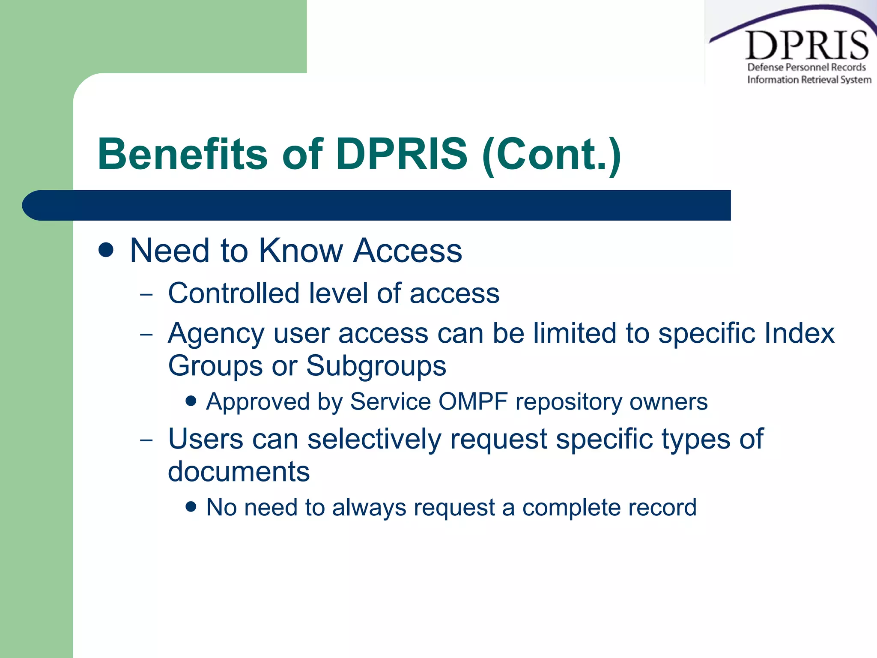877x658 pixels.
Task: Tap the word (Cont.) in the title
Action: (552, 155)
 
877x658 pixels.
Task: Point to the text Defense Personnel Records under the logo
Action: (806, 67)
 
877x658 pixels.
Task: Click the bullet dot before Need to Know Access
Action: (106, 250)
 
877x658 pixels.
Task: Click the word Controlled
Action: (234, 293)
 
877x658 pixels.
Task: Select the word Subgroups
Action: (376, 366)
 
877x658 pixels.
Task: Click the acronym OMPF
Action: (473, 402)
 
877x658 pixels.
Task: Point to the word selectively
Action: (374, 440)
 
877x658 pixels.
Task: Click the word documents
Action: (239, 472)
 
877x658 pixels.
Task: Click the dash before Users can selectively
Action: (146, 440)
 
